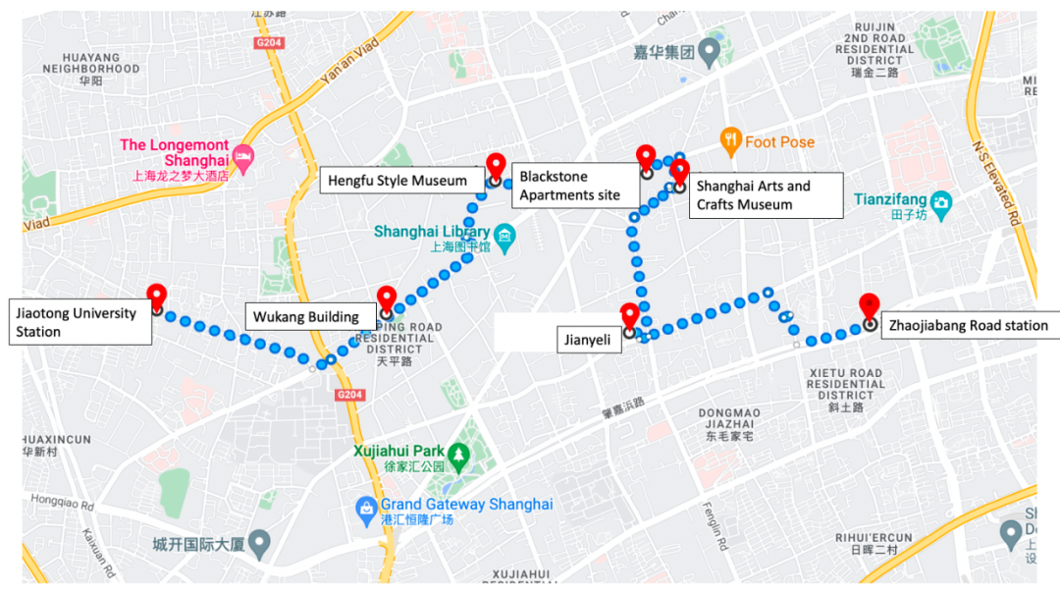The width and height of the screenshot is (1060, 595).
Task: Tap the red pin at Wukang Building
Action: click(387, 298)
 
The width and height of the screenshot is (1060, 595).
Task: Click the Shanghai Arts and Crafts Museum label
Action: click(766, 195)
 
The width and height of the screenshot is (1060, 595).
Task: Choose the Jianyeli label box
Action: click(587, 340)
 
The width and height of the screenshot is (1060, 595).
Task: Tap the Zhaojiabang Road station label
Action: click(967, 325)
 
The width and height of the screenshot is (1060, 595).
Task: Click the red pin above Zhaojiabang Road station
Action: click(869, 305)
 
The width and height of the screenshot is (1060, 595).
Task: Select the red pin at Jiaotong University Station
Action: click(156, 295)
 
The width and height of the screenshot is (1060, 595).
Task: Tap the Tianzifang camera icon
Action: click(941, 201)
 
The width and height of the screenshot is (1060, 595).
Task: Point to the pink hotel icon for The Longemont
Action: click(242, 157)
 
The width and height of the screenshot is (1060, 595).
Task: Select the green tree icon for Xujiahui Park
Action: click(457, 454)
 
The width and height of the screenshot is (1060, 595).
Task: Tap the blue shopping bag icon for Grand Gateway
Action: click(365, 507)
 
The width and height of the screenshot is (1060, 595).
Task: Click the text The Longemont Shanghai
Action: click(174, 153)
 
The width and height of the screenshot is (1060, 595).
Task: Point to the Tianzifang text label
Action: click(888, 199)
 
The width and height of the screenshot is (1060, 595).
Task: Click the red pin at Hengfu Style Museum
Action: click(496, 167)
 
